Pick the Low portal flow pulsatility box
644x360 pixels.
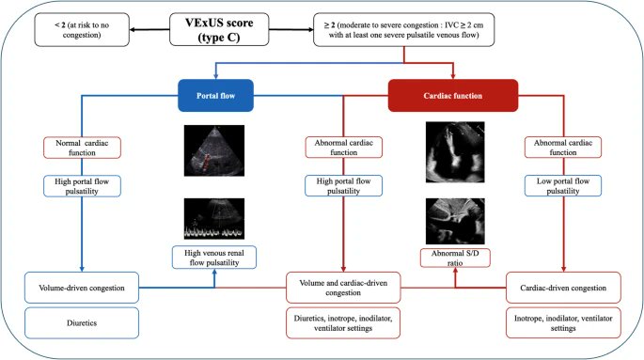pyautogui.click(x=563, y=184)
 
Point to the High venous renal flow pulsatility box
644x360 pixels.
pyautogui.click(x=213, y=256)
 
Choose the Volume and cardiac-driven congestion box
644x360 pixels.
pyautogui.click(x=348, y=285)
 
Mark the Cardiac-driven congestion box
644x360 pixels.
pyautogui.click(x=563, y=286)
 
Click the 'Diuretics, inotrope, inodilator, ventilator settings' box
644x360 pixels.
pyautogui.click(x=348, y=322)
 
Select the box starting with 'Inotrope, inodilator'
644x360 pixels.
pyautogui.click(x=563, y=322)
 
